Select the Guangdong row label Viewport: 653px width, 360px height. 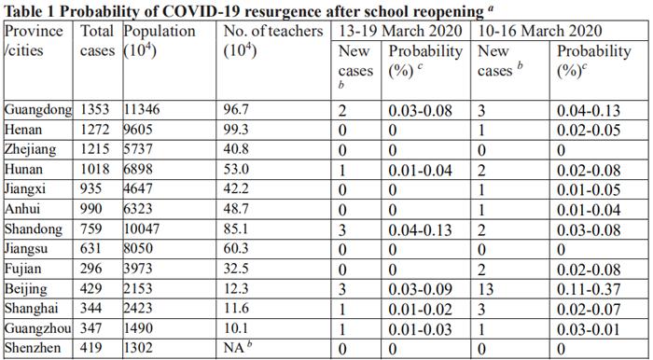[38, 110]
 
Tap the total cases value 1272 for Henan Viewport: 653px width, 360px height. [95, 130]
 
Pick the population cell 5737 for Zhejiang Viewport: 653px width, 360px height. [138, 149]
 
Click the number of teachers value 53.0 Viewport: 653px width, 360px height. [236, 169]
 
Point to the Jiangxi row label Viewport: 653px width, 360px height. [25, 189]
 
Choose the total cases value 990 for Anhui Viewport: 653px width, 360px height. [91, 209]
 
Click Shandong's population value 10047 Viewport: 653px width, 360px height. [142, 228]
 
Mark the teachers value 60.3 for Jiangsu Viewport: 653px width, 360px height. [236, 248]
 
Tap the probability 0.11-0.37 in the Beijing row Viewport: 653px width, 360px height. [589, 289]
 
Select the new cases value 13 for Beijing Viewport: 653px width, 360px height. [486, 289]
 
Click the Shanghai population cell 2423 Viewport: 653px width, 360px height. [138, 308]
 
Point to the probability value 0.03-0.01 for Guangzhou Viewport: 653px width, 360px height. [589, 329]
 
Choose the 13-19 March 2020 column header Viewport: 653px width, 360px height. [400, 31]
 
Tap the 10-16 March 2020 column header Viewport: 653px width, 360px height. [540, 31]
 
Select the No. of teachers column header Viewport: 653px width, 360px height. [273, 41]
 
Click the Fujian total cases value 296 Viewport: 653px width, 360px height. [91, 268]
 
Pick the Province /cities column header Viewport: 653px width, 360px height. [34, 41]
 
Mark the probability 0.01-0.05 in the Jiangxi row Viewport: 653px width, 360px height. [589, 189]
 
